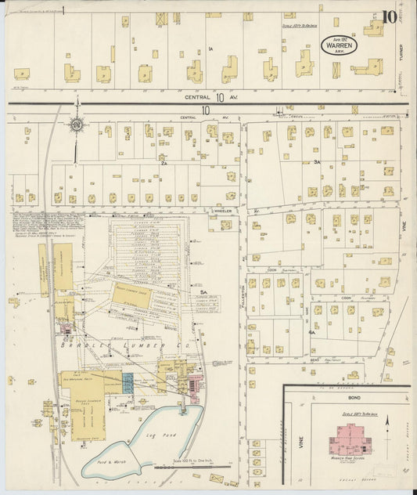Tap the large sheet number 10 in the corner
click(x=389, y=16)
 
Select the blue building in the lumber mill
click(x=128, y=383)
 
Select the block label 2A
click(x=164, y=164)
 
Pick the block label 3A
click(x=317, y=162)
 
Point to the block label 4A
click(x=311, y=332)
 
